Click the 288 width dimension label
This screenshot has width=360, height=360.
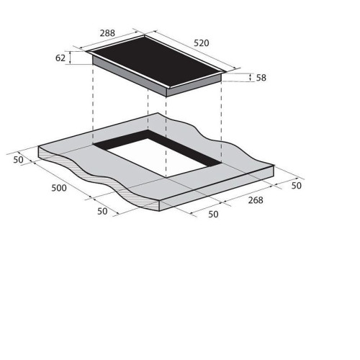click(x=107, y=33)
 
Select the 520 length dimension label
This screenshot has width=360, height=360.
click(x=202, y=43)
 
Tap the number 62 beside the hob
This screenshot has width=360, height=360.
click(x=60, y=58)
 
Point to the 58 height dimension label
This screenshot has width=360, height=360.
click(x=261, y=78)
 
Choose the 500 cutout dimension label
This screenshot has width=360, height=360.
click(x=59, y=188)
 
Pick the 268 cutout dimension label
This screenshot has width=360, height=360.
click(x=256, y=200)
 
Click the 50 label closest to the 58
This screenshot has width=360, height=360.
click(x=296, y=186)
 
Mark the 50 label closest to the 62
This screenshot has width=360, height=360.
click(x=18, y=160)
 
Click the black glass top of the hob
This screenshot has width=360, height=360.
click(x=157, y=60)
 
